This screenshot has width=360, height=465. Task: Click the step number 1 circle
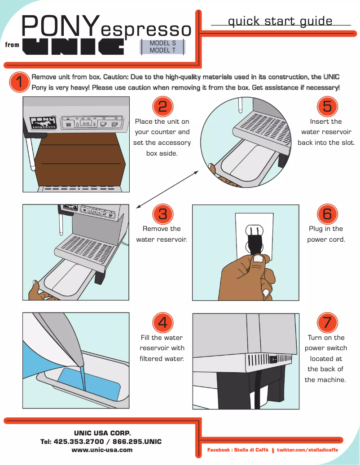click(x=19, y=82)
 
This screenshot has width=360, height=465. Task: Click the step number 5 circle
click(x=327, y=106)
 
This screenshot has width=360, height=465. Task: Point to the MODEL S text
click(x=162, y=43)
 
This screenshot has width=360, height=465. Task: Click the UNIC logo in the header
click(x=74, y=46)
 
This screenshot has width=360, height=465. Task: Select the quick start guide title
click(x=280, y=21)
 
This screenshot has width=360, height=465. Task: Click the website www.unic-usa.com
click(x=102, y=450)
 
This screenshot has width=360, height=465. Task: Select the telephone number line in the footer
click(x=101, y=442)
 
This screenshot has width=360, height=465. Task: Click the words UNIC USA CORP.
click(x=102, y=433)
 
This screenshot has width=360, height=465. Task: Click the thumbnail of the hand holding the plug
click(x=246, y=252)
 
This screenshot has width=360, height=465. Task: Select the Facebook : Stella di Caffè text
click(x=237, y=450)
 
